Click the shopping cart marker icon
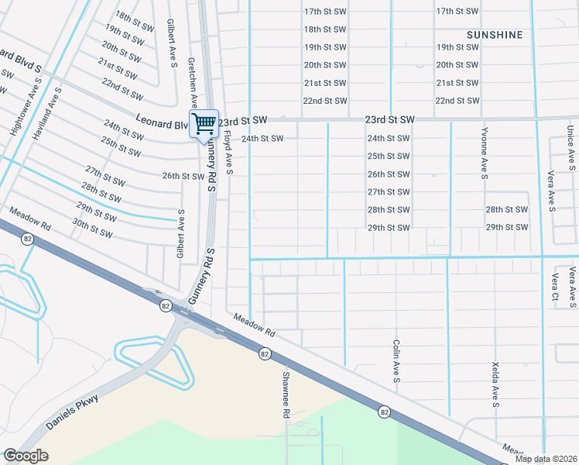click(x=204, y=123)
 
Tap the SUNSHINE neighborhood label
click(x=495, y=35)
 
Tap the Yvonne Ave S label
click(x=485, y=154)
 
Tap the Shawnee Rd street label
click(x=285, y=394)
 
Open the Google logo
click(x=26, y=456)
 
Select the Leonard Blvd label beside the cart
click(x=162, y=122)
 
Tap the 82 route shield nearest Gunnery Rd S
click(x=166, y=306)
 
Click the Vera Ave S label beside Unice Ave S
click(x=552, y=191)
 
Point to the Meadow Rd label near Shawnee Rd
click(x=255, y=323)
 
